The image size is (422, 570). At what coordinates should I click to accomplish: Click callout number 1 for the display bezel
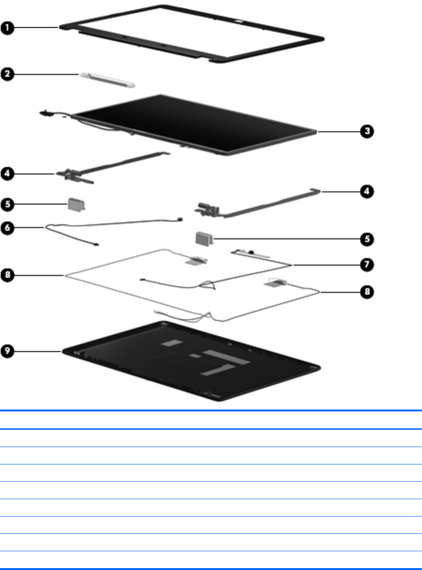[7, 28]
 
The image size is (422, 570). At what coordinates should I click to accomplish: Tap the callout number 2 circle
[7, 74]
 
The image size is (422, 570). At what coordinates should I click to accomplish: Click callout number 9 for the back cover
[7, 350]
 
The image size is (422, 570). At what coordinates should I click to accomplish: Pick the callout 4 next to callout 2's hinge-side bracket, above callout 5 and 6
[7, 174]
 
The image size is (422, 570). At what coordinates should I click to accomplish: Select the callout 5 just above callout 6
[7, 205]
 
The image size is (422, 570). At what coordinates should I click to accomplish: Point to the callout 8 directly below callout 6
[7, 276]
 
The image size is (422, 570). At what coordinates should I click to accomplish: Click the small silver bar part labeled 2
[108, 80]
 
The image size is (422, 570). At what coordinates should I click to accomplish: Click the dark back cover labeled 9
[188, 361]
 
